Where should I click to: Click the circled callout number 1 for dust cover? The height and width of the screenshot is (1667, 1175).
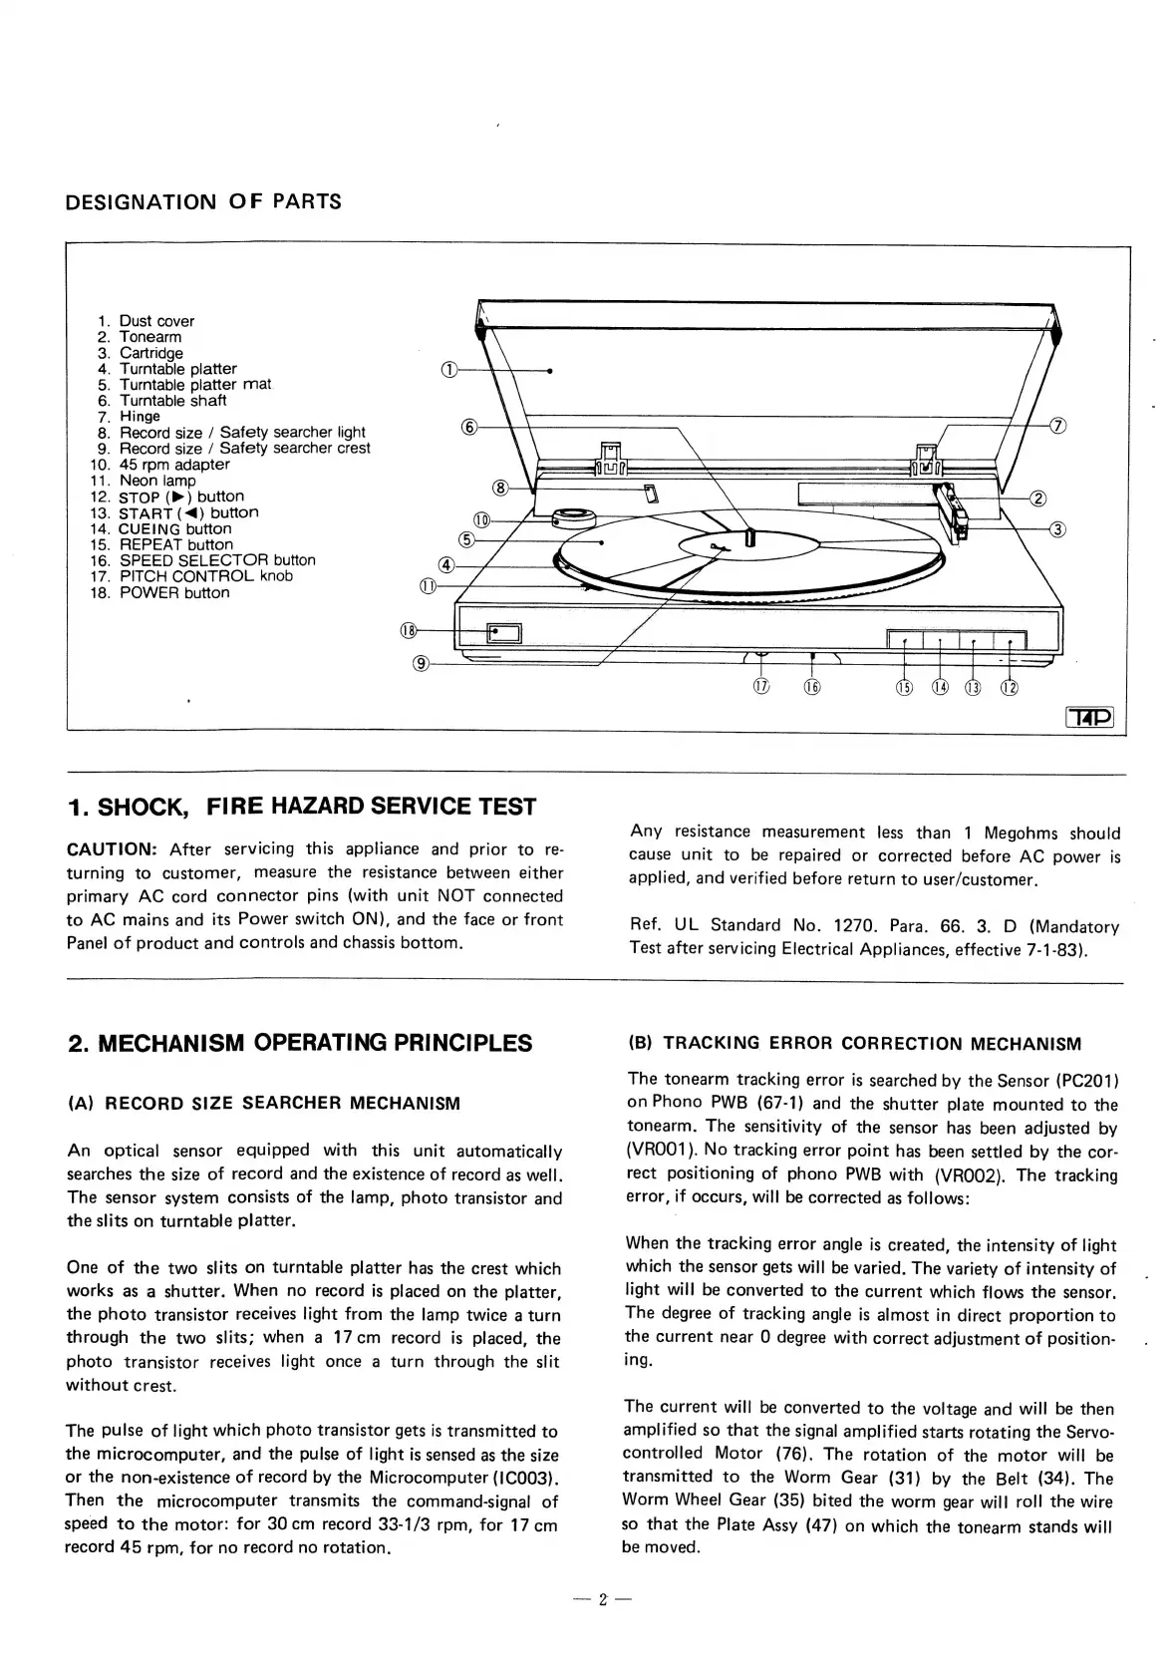point(447,371)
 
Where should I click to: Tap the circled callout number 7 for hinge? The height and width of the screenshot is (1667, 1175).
point(1059,427)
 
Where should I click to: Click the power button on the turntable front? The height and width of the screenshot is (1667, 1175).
point(496,631)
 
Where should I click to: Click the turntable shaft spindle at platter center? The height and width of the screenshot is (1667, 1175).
point(750,538)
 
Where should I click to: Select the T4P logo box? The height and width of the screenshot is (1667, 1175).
point(1090,718)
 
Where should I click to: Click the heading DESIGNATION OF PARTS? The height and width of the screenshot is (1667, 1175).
point(203,202)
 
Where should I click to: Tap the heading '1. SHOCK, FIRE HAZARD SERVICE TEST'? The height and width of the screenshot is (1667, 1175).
point(302,807)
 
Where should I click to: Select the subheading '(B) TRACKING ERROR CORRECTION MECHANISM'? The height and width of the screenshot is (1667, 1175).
point(854,1044)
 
